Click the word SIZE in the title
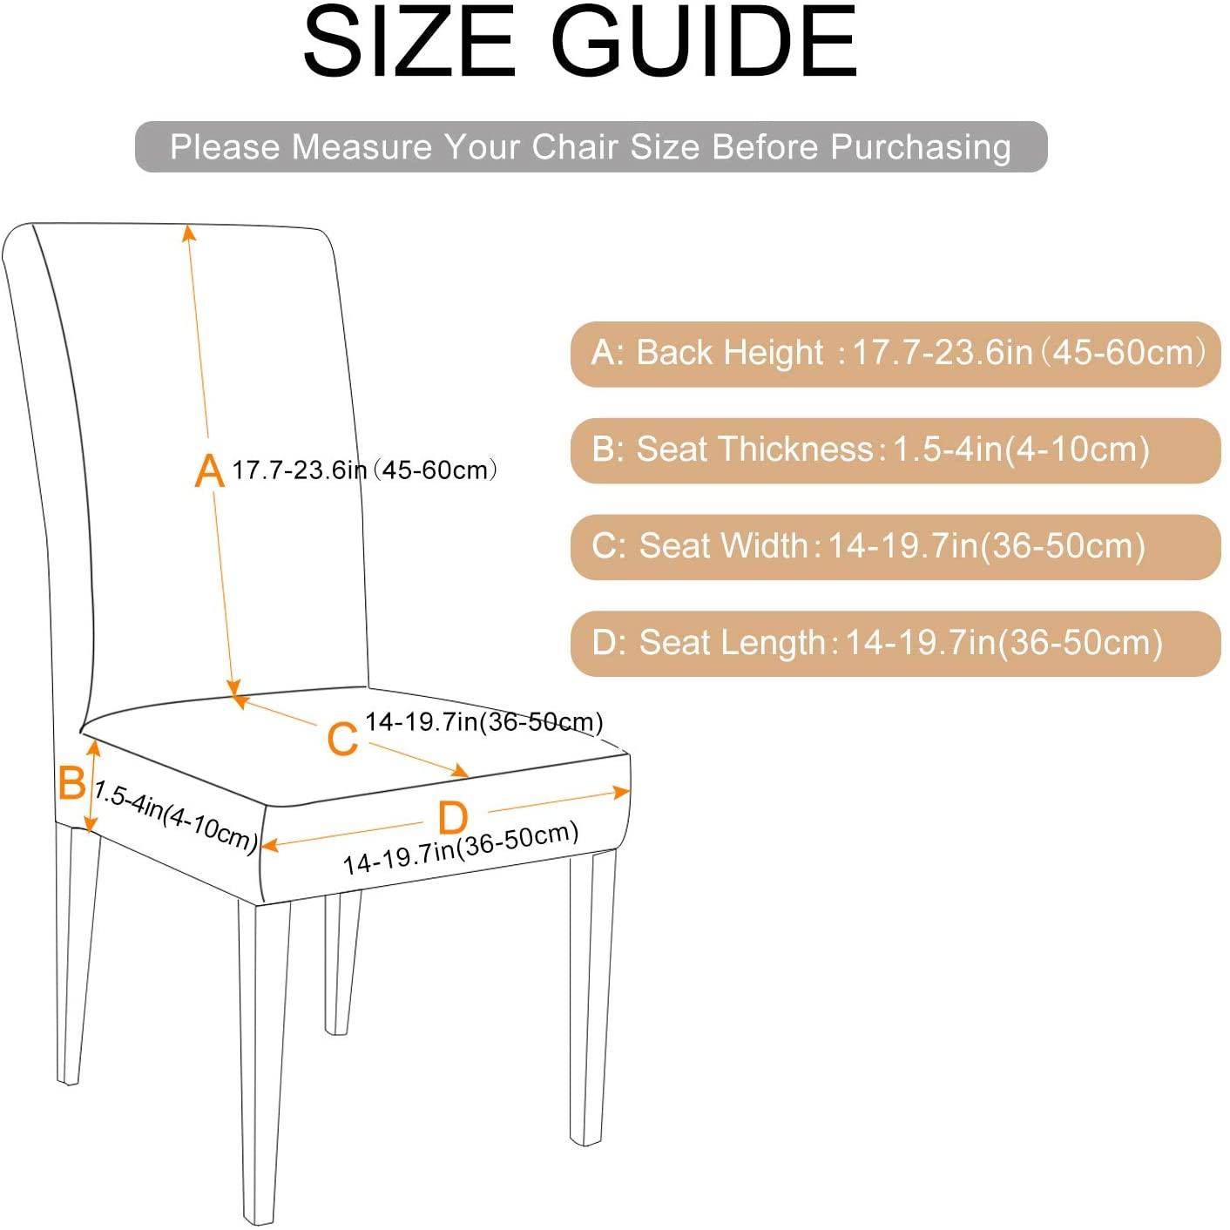(409, 41)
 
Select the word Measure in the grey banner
(362, 146)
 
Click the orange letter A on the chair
(209, 470)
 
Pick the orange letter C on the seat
(342, 739)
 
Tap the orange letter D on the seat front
(453, 818)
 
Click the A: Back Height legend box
(895, 354)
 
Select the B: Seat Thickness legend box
(895, 450)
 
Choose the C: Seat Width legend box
(895, 547)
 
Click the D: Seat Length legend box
(895, 644)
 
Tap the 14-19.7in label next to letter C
(483, 722)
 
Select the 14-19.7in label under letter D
(461, 848)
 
